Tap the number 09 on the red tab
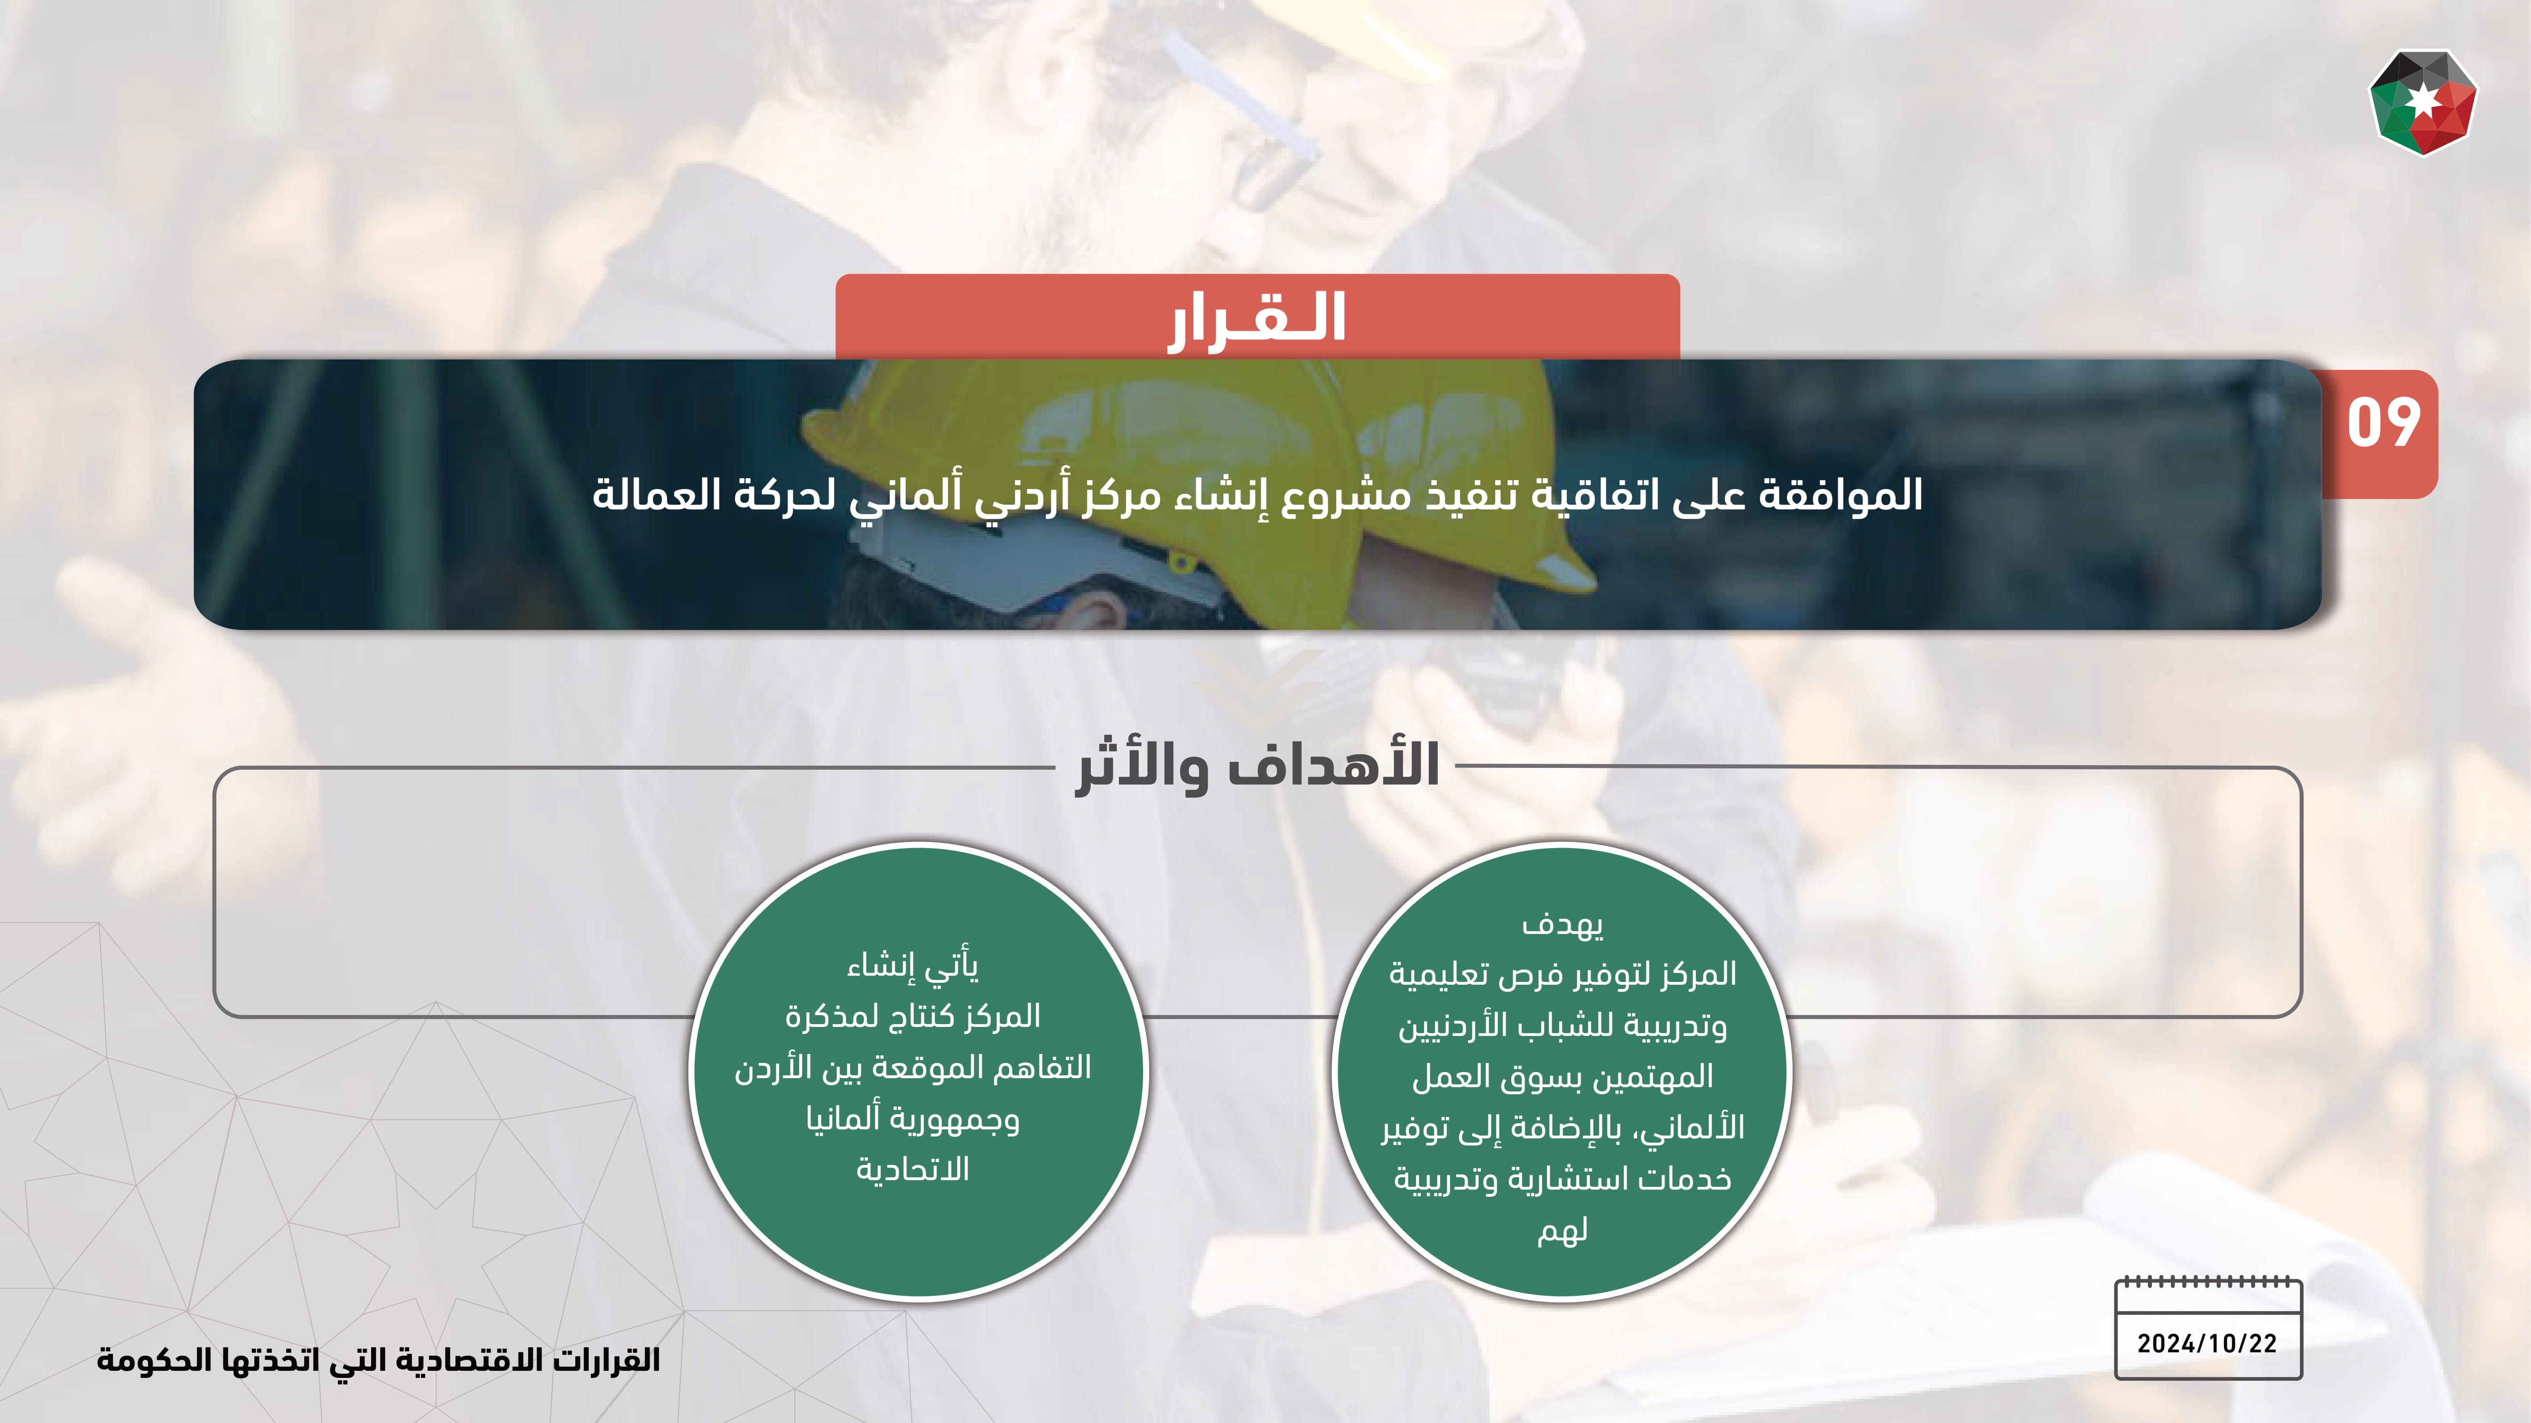2382,424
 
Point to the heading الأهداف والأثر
1257,766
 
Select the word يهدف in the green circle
1562,924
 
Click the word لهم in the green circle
1562,1229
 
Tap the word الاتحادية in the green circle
913,1169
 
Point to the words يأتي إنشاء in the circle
913,966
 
